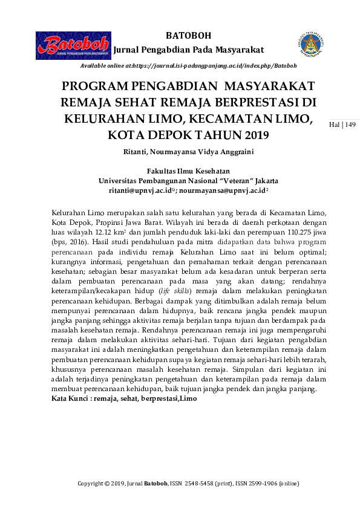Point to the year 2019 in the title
(246, 134)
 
